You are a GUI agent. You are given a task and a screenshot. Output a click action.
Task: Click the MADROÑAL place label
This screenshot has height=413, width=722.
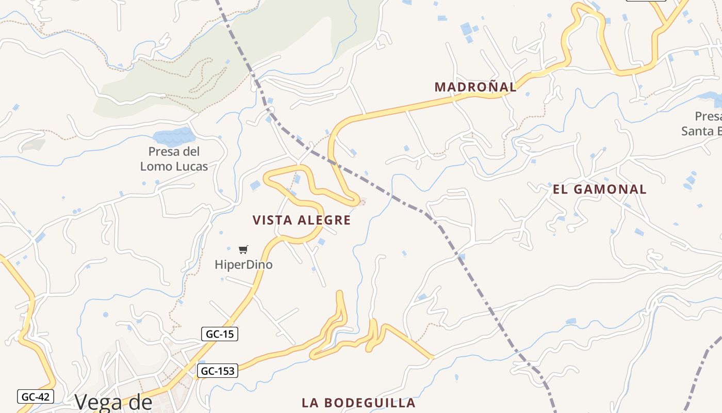tap(475, 87)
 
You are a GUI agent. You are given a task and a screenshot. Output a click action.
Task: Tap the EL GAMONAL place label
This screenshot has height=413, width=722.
tap(599, 189)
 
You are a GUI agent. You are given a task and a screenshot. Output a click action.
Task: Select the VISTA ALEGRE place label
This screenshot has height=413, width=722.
tap(302, 220)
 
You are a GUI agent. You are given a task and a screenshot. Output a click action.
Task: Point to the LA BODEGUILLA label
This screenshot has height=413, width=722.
tap(358, 403)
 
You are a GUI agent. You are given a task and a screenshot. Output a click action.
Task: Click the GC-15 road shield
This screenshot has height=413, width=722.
tap(220, 334)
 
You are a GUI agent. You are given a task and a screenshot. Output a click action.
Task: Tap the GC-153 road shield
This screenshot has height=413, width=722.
tap(217, 371)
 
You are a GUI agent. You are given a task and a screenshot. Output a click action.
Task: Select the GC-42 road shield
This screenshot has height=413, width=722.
tap(36, 396)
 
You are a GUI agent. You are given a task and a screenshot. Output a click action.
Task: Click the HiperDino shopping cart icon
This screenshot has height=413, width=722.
tap(243, 250)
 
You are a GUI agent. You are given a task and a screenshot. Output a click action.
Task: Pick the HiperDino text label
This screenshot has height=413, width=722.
tap(243, 265)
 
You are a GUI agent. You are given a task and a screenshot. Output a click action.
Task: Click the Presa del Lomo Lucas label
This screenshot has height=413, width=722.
tap(174, 159)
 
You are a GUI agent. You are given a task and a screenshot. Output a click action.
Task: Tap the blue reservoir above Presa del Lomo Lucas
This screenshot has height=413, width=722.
tap(174, 137)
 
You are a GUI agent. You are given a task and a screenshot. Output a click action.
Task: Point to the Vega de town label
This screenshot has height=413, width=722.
tap(113, 402)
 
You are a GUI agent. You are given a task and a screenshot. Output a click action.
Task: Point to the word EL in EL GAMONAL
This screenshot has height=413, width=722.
tap(560, 189)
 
